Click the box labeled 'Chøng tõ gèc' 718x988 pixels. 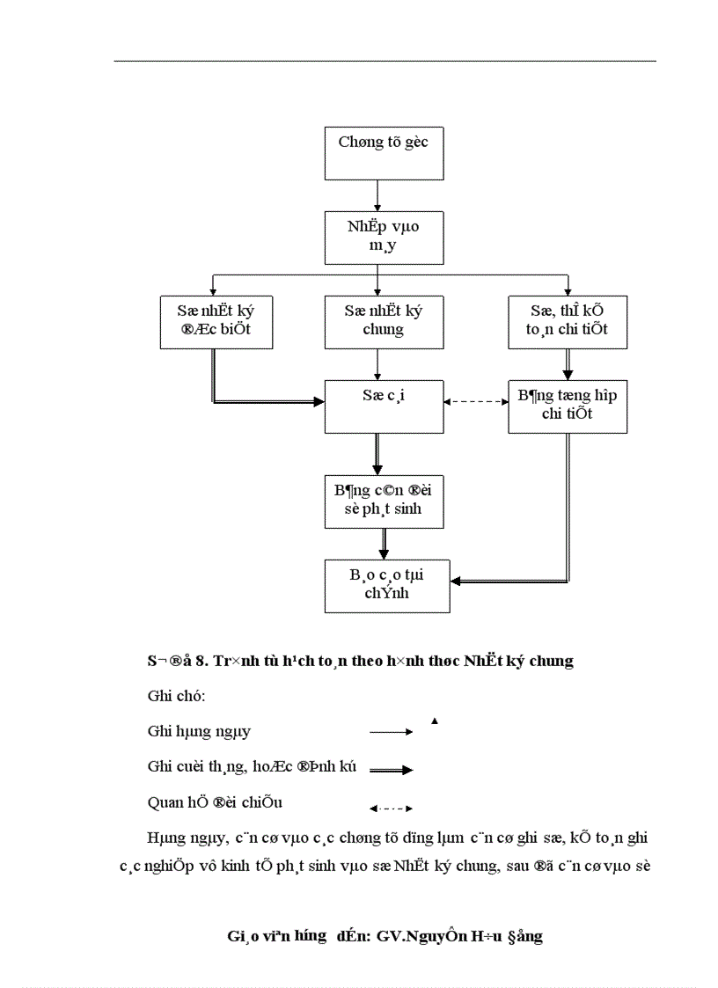384,153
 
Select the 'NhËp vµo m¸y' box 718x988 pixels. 383,238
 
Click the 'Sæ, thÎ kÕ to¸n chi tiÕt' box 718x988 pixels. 568,321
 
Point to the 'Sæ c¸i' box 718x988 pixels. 383,406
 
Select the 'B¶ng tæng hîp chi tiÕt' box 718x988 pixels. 568,406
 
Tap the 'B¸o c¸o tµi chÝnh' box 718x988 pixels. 387,585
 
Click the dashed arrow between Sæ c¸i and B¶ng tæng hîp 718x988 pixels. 476,402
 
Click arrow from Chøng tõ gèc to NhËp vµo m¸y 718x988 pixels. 377,195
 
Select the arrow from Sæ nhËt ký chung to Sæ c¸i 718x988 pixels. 377,362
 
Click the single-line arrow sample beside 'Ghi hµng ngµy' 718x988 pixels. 391,732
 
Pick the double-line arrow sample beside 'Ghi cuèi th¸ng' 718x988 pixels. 391,770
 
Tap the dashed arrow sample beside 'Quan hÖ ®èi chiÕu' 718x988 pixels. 391,808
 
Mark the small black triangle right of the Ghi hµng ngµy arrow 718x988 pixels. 435,721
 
